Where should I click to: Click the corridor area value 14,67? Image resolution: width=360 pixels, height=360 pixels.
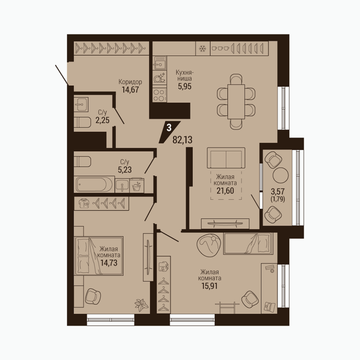pyautogui.click(x=130, y=90)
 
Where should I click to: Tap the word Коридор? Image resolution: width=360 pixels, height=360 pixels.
pyautogui.click(x=130, y=82)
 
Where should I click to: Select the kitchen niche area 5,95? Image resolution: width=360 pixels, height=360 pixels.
pyautogui.click(x=185, y=86)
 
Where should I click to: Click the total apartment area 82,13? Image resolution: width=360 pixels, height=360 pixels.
pyautogui.click(x=182, y=140)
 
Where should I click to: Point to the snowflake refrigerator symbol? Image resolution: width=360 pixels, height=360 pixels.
pyautogui.click(x=202, y=48)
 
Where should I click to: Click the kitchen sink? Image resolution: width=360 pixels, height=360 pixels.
pyautogui.click(x=160, y=63)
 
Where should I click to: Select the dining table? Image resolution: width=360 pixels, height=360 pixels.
pyautogui.click(x=236, y=101)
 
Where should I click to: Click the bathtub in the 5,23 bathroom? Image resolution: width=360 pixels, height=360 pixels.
pyautogui.click(x=94, y=184)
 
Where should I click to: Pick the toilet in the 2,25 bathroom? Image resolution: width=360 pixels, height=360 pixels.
pyautogui.click(x=82, y=122)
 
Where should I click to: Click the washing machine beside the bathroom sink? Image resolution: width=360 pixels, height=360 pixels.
pyautogui.click(x=137, y=185)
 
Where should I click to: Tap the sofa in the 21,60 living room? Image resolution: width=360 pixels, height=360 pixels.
pyautogui.click(x=226, y=158)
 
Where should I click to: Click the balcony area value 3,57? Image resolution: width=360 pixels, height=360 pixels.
pyautogui.click(x=277, y=191)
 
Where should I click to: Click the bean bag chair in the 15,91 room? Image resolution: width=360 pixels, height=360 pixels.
pyautogui.click(x=209, y=245)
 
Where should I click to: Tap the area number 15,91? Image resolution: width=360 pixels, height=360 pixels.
pyautogui.click(x=210, y=286)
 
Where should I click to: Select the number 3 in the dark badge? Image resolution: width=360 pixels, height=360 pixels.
pyautogui.click(x=169, y=127)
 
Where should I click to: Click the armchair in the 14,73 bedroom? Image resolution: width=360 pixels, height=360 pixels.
pyautogui.click(x=93, y=296)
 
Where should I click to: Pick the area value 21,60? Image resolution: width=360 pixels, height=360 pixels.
pyautogui.click(x=225, y=191)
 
